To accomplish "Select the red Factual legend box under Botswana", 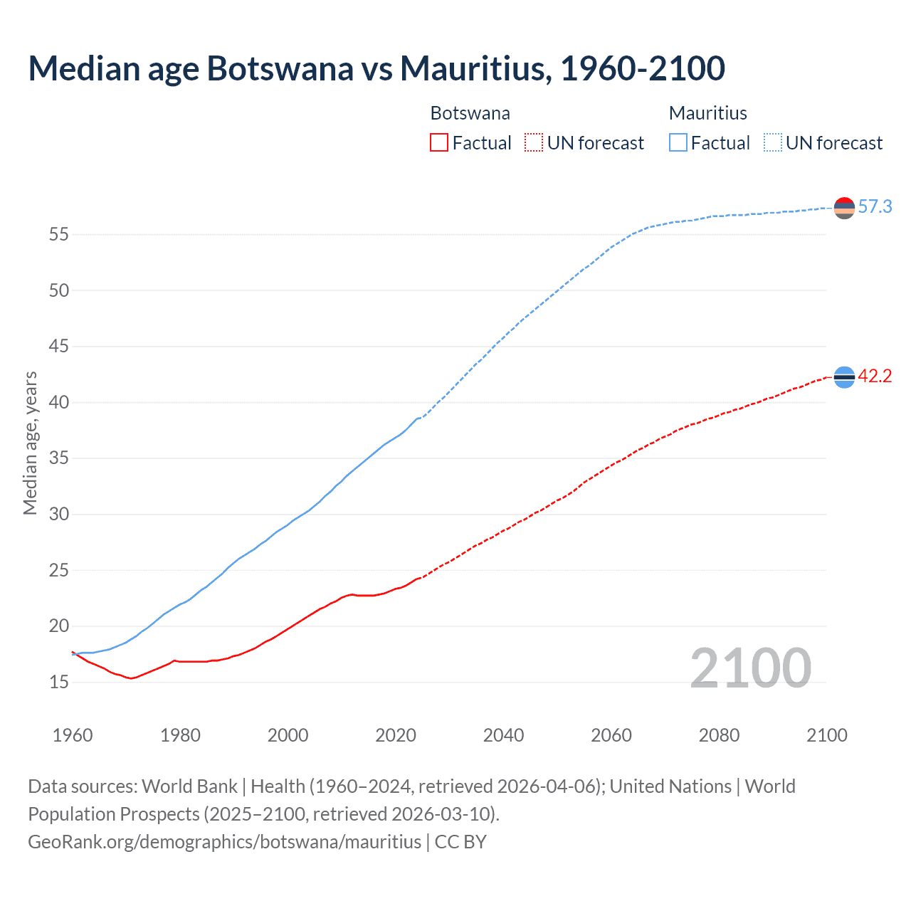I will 439,143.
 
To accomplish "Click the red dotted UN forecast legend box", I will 534,143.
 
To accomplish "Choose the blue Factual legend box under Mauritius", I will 678,143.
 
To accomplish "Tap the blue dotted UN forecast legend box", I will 772,143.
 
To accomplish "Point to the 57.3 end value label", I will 875,207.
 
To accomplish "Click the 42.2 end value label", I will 875,376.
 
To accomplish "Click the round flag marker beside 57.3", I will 844,208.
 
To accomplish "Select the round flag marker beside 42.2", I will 844,377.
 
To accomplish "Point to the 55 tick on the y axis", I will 59,234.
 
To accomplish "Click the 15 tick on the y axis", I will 59,682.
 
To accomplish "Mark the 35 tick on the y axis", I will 59,458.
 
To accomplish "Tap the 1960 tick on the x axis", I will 73,735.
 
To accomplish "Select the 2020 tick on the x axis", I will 396,735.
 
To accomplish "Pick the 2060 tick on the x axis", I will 611,735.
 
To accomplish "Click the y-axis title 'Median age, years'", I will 30,443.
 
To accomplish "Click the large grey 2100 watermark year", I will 750,668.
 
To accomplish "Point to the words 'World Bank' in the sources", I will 189,786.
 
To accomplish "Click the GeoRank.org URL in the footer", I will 224,842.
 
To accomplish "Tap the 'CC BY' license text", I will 460,842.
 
